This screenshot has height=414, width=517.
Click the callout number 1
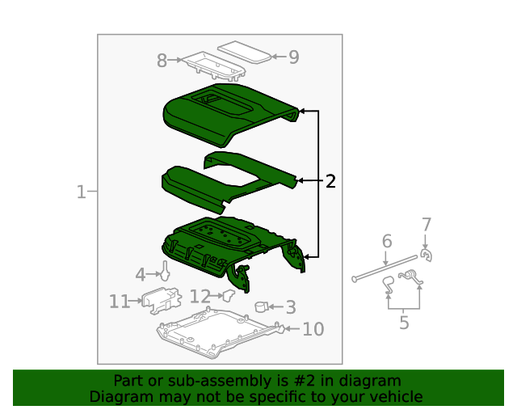coord(81,192)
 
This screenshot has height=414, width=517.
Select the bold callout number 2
coord(330,181)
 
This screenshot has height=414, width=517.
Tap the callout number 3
coord(291,307)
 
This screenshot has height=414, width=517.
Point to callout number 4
coord(141,275)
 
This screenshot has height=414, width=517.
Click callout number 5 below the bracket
coord(404,322)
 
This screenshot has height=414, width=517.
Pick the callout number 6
coord(387,241)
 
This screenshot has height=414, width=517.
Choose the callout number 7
coord(427,225)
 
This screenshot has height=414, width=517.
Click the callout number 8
coord(162,61)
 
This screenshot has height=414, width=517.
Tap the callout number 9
coord(294,57)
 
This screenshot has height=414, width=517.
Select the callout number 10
coord(313,329)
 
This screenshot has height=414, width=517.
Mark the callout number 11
coord(120,302)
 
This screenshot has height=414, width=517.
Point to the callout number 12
coord(200,296)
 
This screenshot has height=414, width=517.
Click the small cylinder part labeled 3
coord(261,307)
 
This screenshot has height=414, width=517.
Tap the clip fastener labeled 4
coord(165,271)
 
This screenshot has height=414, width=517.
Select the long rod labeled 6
coord(385,268)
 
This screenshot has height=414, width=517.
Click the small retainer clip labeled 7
coord(427,256)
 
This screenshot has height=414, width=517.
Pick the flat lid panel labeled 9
coord(244,52)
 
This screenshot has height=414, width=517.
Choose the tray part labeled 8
coord(214,66)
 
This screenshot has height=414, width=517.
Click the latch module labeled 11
coord(162,300)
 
